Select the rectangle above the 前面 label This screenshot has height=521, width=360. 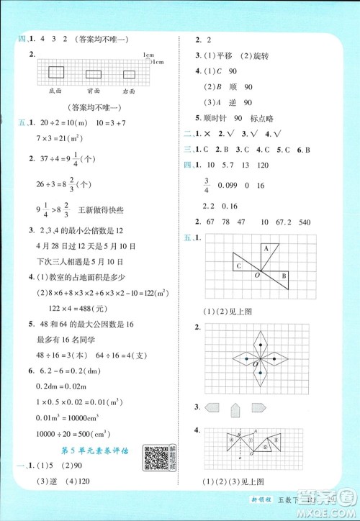[x=93, y=73]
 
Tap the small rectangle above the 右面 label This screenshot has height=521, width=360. [x=129, y=74]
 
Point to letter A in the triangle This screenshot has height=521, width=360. [x=265, y=248]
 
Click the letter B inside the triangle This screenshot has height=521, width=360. [x=284, y=276]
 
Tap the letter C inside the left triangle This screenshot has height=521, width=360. [x=238, y=266]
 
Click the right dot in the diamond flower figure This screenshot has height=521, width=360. [x=276, y=358]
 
